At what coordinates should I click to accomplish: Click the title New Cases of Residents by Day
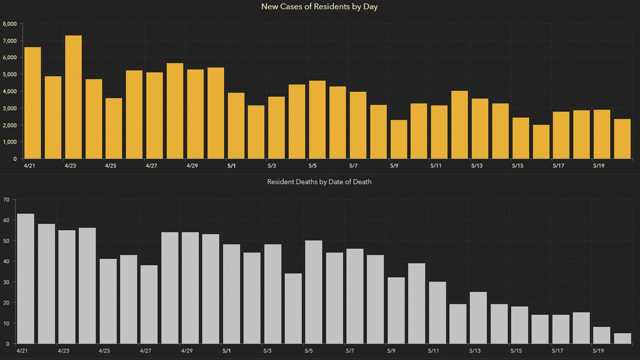click(x=319, y=6)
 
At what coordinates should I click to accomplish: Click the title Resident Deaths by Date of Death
click(x=319, y=182)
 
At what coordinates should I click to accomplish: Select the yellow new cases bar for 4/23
click(x=73, y=97)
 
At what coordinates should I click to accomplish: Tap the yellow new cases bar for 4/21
click(x=32, y=103)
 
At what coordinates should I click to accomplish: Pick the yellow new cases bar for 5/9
click(x=399, y=139)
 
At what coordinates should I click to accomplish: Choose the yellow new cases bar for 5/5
click(x=317, y=119)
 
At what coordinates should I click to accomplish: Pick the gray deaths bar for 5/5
click(x=313, y=292)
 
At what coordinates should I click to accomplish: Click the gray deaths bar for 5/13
click(x=478, y=318)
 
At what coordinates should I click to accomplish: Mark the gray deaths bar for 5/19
click(x=601, y=335)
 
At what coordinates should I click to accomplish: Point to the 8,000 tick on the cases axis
click(x=10, y=23)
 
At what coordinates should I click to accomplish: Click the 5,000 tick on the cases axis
click(x=10, y=74)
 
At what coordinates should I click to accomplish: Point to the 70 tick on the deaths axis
click(x=6, y=200)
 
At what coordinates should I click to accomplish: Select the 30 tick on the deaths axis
click(x=6, y=282)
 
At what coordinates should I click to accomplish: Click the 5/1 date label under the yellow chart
click(x=231, y=165)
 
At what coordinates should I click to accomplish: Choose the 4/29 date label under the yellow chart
click(x=191, y=165)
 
